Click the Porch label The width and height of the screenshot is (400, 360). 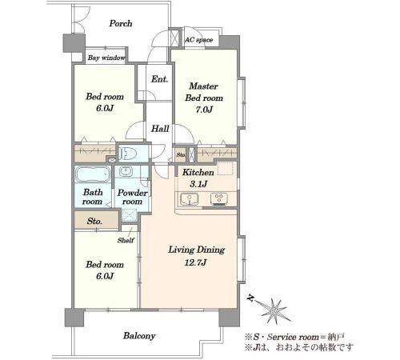121,23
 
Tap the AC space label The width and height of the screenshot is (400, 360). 199,40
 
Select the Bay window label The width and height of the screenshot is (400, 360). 106,58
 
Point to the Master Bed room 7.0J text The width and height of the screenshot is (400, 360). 204,98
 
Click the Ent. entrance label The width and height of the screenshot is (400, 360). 159,79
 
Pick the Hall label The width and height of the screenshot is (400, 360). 160,129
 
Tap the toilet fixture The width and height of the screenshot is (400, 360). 128,154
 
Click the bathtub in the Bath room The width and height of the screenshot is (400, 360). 93,174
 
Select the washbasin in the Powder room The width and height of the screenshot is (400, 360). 126,171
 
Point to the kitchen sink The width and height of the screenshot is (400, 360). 189,199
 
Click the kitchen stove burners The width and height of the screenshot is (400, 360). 219,199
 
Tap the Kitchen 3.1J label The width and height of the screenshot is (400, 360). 198,178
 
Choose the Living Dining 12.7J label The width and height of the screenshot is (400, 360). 196,256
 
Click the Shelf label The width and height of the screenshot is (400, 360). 126,240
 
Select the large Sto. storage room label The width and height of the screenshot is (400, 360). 94,221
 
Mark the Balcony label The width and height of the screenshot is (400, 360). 139,336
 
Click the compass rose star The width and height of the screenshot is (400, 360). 274,310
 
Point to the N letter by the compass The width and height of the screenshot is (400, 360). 250,298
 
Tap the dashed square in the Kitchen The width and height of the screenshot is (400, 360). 227,168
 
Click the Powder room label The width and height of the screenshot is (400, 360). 132,197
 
